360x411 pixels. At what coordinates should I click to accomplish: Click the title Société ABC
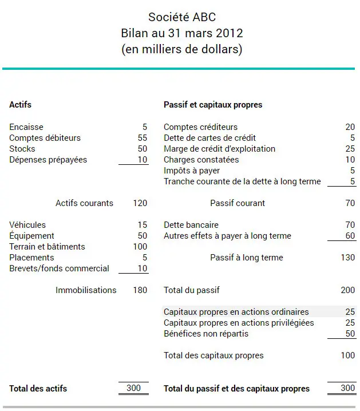[x=181, y=17]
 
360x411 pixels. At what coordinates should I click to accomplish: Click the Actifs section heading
[x=20, y=105]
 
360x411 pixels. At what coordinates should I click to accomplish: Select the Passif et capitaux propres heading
[x=213, y=105]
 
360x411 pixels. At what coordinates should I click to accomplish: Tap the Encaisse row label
[x=26, y=127]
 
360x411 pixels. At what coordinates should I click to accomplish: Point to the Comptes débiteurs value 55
[x=143, y=138]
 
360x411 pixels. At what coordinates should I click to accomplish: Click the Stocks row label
[x=22, y=149]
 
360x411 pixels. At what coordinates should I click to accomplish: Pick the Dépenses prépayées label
[x=48, y=160]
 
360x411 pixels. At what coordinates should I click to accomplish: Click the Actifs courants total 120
[x=140, y=203]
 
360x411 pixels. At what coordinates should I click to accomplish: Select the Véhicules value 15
[x=143, y=225]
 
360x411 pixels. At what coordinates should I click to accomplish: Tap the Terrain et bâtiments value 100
[x=140, y=247]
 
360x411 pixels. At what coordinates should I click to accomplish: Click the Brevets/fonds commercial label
[x=59, y=268]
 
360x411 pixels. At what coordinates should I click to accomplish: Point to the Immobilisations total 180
[x=140, y=290]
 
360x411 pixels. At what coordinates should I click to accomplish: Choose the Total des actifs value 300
[x=133, y=388]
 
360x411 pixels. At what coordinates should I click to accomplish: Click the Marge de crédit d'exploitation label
[x=219, y=149]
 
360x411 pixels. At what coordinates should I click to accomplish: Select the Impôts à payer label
[x=192, y=171]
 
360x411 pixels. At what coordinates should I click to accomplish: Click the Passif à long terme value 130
[x=348, y=258]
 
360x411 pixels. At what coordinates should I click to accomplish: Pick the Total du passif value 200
[x=348, y=290]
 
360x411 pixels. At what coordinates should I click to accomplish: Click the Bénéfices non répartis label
[x=206, y=334]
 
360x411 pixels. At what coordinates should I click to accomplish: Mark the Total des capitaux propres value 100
[x=348, y=355]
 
